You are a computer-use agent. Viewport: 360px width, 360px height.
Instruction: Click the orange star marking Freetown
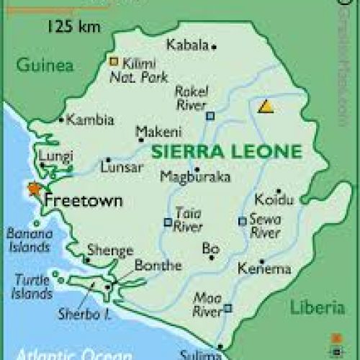point(33,189)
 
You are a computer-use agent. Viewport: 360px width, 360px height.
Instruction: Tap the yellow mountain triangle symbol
point(266,107)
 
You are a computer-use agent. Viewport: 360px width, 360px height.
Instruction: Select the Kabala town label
point(186,45)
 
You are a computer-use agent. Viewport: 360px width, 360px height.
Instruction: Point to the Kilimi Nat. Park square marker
point(113,62)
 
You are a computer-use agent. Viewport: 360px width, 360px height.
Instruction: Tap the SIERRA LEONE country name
point(225,152)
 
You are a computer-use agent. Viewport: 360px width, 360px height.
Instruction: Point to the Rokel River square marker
point(210,115)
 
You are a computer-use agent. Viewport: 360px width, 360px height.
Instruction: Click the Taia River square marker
point(168,222)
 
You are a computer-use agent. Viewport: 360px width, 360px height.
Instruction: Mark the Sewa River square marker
point(243,221)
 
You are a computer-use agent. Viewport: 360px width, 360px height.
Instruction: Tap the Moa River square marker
point(228,308)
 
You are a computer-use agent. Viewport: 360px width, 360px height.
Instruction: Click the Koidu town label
point(274,199)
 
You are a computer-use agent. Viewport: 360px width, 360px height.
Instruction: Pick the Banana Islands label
point(29,240)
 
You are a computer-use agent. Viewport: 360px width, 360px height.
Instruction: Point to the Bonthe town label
point(158,266)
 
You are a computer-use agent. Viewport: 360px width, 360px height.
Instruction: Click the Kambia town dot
point(62,120)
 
